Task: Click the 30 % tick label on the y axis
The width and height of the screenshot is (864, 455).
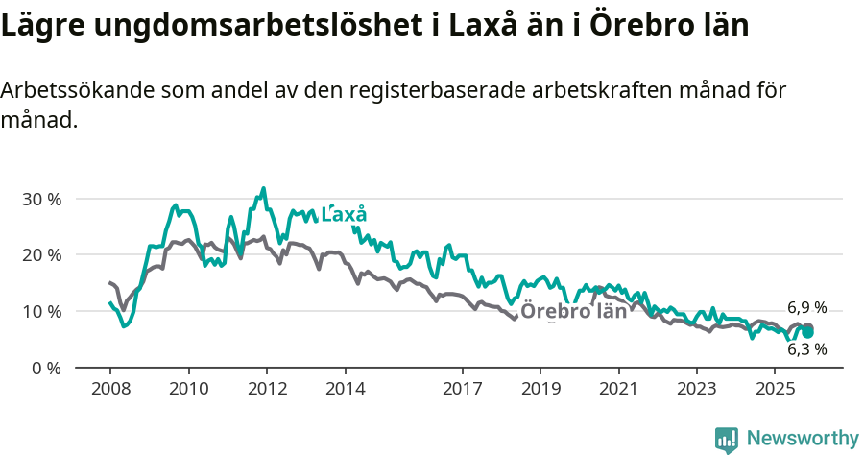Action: tap(41, 200)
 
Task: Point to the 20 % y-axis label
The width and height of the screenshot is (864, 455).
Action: tap(41, 255)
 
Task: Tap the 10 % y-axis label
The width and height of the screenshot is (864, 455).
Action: tap(41, 312)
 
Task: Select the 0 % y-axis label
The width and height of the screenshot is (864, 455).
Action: tap(46, 369)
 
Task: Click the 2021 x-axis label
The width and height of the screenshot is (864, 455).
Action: tap(618, 389)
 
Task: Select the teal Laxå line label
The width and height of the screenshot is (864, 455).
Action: tap(344, 215)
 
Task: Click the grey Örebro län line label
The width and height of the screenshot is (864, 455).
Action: tap(573, 311)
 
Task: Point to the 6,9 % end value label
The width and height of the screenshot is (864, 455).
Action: tap(806, 308)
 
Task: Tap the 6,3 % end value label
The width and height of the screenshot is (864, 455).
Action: tap(806, 349)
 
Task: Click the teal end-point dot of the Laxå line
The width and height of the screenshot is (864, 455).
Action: tap(808, 332)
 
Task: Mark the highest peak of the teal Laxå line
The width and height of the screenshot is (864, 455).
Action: tap(264, 188)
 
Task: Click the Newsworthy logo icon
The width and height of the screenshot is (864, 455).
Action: tap(727, 440)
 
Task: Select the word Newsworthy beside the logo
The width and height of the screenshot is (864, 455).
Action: tap(803, 439)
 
